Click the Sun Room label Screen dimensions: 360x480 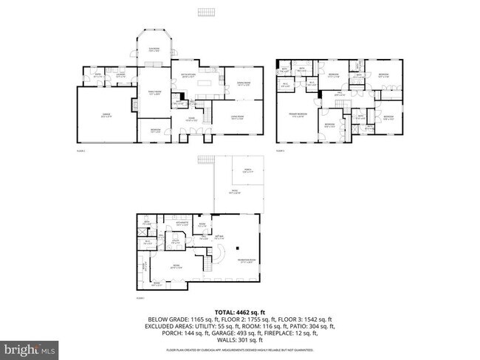click(x=154, y=50)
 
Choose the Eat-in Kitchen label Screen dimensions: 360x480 click(x=189, y=75)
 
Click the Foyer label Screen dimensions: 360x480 click(x=191, y=120)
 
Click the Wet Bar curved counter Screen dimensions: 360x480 click(x=220, y=255)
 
